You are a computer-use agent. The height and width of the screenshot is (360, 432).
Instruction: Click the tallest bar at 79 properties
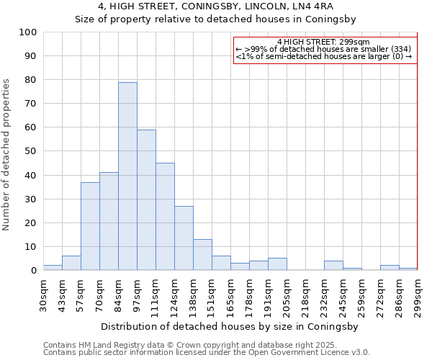(x=127, y=176)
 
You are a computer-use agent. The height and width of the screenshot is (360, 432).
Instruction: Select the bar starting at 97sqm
(x=146, y=200)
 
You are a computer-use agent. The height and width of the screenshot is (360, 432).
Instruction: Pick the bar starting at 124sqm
(x=184, y=238)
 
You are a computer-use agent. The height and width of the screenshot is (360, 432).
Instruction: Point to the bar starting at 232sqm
(x=333, y=266)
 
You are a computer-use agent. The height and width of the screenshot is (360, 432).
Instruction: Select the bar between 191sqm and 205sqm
(x=277, y=264)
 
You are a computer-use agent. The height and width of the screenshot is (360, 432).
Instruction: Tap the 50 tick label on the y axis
(x=31, y=151)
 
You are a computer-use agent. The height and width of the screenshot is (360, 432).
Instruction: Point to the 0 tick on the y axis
(x=34, y=271)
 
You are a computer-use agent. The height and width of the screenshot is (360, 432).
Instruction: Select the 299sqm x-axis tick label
(x=418, y=297)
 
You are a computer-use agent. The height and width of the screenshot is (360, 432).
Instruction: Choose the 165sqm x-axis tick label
(x=231, y=297)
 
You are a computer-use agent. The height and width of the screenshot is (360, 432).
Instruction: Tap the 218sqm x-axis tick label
(x=306, y=297)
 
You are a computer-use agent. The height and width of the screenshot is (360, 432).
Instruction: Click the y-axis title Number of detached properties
(x=6, y=155)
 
